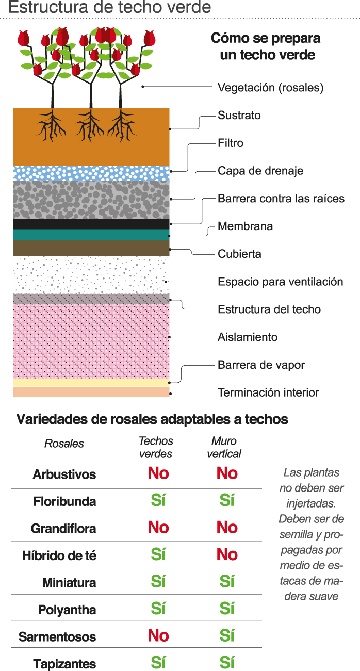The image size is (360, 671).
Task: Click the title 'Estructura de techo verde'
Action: click(x=110, y=8)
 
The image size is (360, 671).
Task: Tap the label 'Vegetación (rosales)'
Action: click(x=270, y=88)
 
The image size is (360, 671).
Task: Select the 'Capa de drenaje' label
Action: click(x=260, y=171)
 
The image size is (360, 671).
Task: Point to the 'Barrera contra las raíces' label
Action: click(x=281, y=199)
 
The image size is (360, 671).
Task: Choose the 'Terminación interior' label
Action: click(x=268, y=392)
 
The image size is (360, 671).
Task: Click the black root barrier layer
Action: click(x=91, y=224)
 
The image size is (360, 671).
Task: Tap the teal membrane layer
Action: click(x=91, y=235)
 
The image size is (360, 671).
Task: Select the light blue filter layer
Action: click(x=91, y=173)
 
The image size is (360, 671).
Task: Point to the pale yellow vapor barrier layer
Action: click(x=91, y=382)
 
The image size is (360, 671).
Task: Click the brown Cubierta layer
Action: click(x=91, y=248)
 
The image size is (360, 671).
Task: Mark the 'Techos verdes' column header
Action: click(x=156, y=447)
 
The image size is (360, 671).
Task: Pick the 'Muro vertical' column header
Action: click(x=224, y=447)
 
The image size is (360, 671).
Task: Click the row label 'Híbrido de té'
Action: click(x=59, y=556)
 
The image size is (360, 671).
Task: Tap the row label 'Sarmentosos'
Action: click(x=57, y=637)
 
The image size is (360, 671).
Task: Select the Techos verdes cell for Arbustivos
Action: click(x=158, y=473)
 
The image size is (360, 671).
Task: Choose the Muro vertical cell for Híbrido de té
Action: click(x=227, y=554)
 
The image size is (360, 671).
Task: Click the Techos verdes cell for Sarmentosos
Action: click(x=158, y=636)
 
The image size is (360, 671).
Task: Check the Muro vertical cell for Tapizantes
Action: click(x=227, y=662)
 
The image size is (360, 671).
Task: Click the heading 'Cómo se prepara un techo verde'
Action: click(x=266, y=46)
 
